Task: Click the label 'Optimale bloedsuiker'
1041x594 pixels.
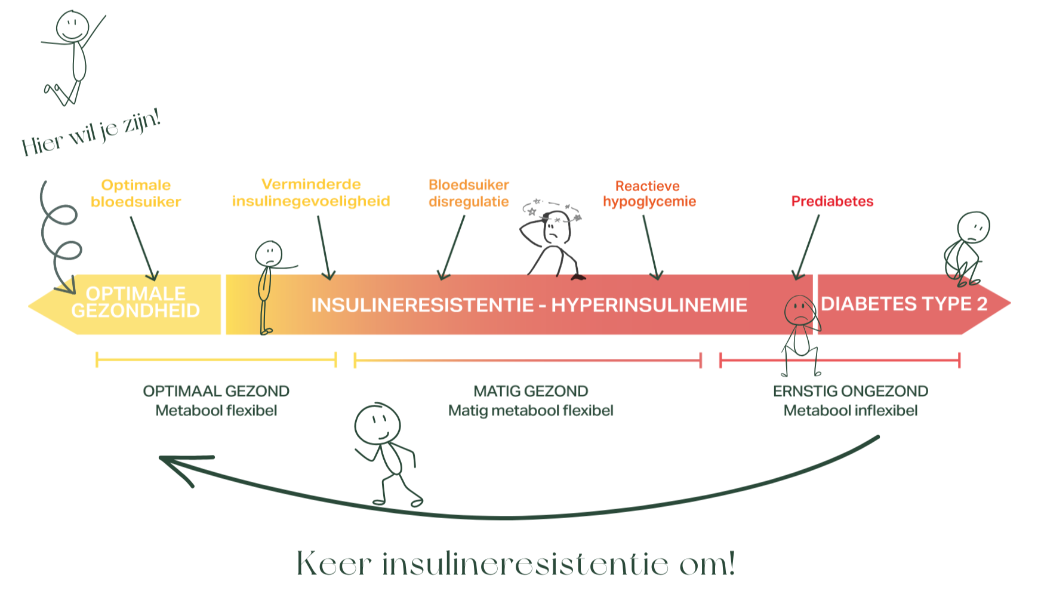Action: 136,193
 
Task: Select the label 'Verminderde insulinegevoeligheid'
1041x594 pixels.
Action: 311,193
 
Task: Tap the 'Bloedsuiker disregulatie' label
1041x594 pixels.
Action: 469,193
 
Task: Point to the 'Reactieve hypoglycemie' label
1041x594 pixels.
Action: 649,194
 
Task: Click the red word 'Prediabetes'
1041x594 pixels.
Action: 832,201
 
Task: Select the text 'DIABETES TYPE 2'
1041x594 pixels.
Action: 904,304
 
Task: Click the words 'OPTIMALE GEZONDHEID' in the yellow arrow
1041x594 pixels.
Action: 135,302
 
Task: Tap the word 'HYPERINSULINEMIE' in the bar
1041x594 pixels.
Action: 649,305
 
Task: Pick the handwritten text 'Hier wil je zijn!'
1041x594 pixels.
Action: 91,133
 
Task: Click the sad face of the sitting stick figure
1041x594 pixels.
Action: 799,309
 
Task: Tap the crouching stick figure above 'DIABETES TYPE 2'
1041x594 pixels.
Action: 966,246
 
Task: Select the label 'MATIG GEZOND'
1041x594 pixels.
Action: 531,391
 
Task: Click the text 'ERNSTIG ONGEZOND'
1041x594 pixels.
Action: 850,391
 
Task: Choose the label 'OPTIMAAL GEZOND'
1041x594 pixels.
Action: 216,391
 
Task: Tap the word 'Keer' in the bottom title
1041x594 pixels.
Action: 334,564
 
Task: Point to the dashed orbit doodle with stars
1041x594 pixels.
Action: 553,211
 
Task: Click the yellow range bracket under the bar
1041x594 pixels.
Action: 216,360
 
